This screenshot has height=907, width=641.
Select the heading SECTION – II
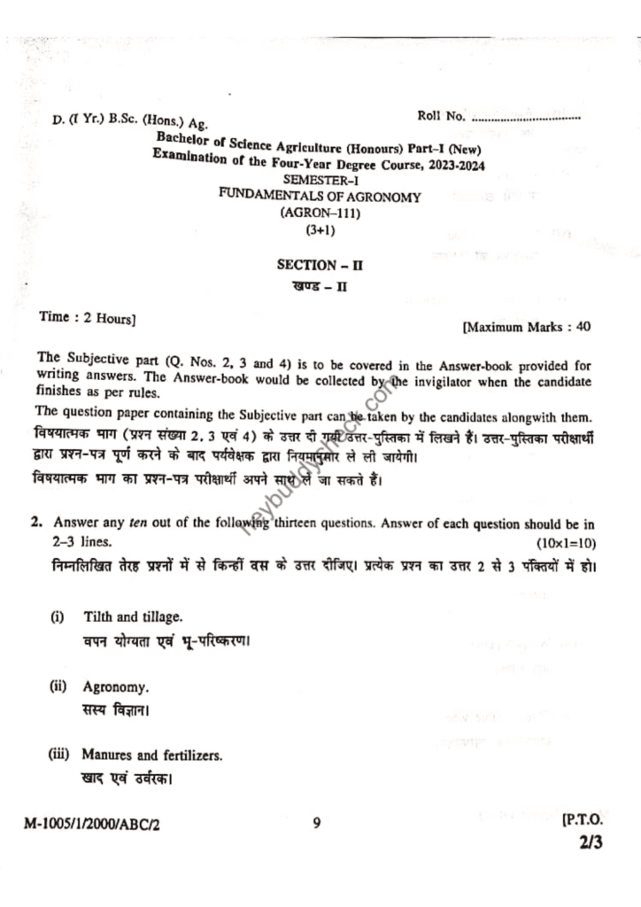(316, 264)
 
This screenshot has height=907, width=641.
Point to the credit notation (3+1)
(316, 229)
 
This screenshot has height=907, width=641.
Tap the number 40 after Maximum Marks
(583, 327)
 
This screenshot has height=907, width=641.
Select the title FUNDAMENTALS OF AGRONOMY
(320, 197)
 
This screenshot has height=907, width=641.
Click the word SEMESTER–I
(320, 180)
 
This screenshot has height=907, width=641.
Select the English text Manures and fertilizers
(152, 756)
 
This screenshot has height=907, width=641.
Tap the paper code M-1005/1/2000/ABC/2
(94, 823)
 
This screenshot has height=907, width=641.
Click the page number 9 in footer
(316, 823)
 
